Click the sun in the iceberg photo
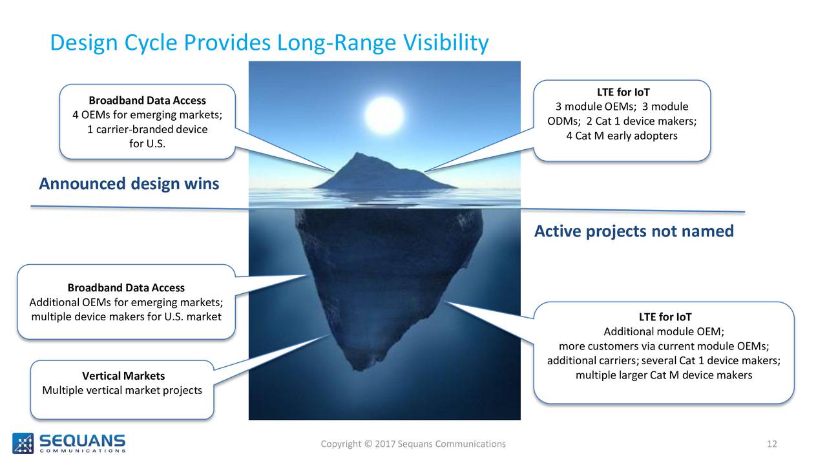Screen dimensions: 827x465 [384, 115]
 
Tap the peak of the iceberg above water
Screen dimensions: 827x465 [357, 153]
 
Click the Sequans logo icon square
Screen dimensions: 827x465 [23, 443]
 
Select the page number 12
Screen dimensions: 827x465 [771, 444]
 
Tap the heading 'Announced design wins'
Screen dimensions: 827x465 [129, 184]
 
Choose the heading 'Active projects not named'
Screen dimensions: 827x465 [634, 231]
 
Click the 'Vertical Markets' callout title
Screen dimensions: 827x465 [123, 376]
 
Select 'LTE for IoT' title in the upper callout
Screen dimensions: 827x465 [623, 92]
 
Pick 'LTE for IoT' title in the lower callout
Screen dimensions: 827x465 [665, 316]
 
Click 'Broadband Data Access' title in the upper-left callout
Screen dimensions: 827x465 [147, 100]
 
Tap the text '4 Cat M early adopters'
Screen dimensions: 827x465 [622, 136]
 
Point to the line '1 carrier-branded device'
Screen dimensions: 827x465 [147, 129]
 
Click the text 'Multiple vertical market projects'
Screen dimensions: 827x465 [122, 390]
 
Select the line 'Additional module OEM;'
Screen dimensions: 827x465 [664, 331]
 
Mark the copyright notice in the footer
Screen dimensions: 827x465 [413, 444]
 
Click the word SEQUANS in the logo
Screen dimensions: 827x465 [82, 440]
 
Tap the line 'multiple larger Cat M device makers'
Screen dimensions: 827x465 [664, 375]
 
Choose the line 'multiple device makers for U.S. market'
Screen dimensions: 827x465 [126, 316]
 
